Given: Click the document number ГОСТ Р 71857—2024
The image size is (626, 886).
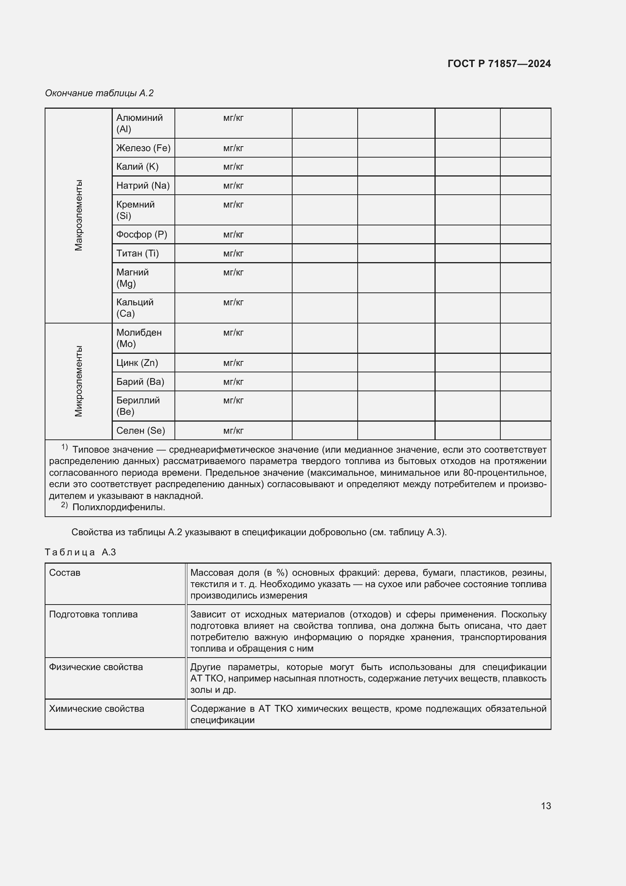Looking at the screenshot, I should (x=499, y=64).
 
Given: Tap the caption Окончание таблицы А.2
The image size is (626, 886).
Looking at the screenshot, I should (x=99, y=93).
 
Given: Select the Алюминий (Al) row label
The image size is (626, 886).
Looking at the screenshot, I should (x=139, y=123).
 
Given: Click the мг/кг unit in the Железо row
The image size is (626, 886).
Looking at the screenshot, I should (x=233, y=148).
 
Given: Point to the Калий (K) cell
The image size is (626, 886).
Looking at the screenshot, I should (x=137, y=167).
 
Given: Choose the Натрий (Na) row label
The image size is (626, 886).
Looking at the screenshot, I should (x=143, y=186).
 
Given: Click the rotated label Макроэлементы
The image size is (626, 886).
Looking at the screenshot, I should (x=78, y=215).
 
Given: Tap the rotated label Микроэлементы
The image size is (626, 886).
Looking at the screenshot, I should (x=78, y=381).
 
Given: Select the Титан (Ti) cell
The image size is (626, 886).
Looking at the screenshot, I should (x=137, y=253).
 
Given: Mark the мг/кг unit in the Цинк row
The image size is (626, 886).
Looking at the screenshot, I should (x=233, y=363).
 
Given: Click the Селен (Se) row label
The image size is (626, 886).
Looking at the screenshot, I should (x=140, y=431).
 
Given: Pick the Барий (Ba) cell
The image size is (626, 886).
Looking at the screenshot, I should (x=140, y=382).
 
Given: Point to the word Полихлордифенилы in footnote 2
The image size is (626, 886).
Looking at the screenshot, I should (x=118, y=507).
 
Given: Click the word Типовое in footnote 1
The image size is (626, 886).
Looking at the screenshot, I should (x=91, y=450).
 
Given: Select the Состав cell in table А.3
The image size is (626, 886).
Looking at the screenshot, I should (x=65, y=573).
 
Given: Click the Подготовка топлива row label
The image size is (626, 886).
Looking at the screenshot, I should (x=93, y=614).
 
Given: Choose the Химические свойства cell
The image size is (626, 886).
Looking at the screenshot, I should (x=97, y=708).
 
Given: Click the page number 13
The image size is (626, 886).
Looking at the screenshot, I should (x=545, y=806).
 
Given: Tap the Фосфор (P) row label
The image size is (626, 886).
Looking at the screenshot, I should (x=142, y=234).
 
